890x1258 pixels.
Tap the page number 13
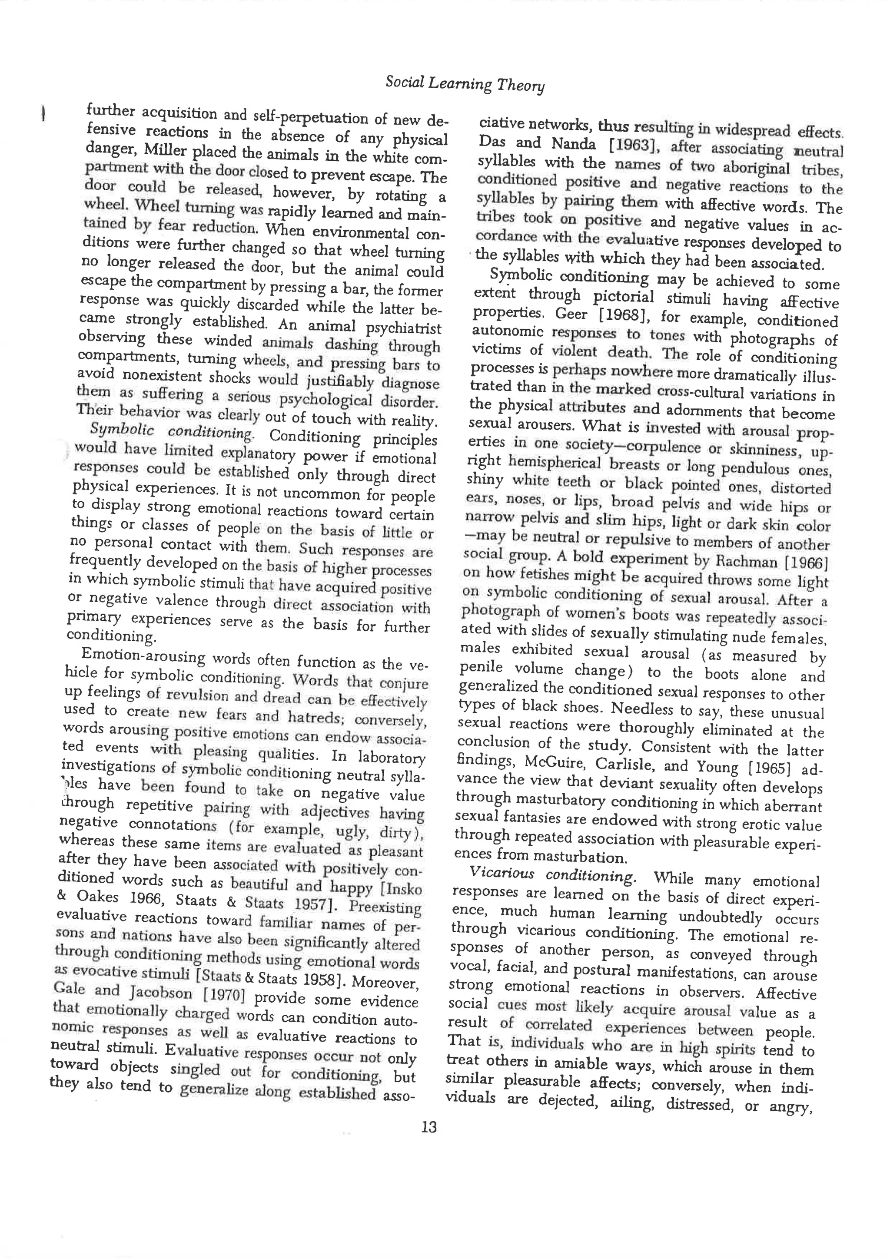pos(429,1128)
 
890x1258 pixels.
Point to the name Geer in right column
pos(571,314)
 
